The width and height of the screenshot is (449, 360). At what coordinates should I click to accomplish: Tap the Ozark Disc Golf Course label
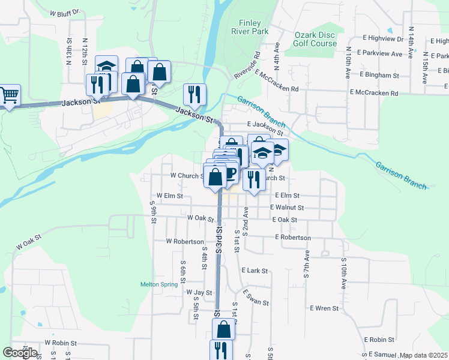tap(315, 39)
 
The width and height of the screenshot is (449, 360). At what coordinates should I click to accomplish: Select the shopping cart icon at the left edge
tap(9, 95)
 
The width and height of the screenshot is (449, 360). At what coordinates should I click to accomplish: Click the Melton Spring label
tap(156, 284)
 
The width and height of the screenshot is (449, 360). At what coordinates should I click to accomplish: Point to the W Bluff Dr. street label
tap(65, 12)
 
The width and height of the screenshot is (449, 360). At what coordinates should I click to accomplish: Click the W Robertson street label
tap(185, 241)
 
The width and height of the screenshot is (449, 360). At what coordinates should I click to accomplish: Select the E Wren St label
tap(324, 308)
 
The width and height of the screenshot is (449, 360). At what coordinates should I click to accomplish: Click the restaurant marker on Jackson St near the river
tap(194, 94)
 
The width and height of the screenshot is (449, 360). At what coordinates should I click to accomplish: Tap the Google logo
tap(20, 353)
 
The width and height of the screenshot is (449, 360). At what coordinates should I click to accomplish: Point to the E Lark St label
tap(255, 271)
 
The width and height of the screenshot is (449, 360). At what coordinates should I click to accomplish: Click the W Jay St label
tap(200, 293)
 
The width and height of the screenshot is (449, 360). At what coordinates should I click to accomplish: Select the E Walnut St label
tap(287, 208)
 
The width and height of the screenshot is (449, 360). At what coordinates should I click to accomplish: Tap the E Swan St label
tap(256, 298)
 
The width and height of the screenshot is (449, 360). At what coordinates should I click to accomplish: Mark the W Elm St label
tap(169, 196)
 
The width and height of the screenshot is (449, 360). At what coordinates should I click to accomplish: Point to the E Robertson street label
tap(293, 238)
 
